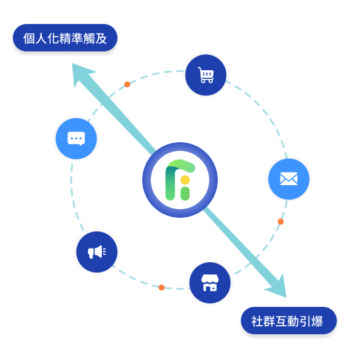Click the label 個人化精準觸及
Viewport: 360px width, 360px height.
65,38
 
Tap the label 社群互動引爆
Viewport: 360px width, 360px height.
287,321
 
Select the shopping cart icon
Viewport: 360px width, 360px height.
206,75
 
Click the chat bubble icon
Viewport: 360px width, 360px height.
76,138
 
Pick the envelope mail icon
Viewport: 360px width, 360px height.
289,179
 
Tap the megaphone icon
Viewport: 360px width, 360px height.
97,252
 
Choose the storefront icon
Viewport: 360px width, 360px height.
210,282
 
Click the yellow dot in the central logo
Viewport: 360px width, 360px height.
185,180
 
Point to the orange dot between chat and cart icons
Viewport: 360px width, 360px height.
127,84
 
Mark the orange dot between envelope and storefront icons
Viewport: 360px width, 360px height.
281,221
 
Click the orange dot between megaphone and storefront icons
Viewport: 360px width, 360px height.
161,287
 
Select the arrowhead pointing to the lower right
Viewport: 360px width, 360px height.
277,287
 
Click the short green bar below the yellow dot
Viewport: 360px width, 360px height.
185,193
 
